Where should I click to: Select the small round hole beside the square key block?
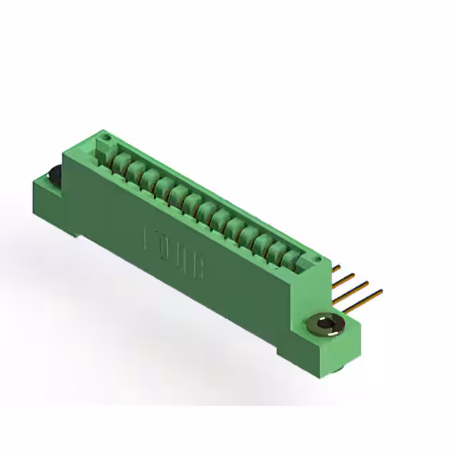pyautogui.click(x=104, y=135)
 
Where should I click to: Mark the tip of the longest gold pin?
pyautogui.click(x=380, y=291)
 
